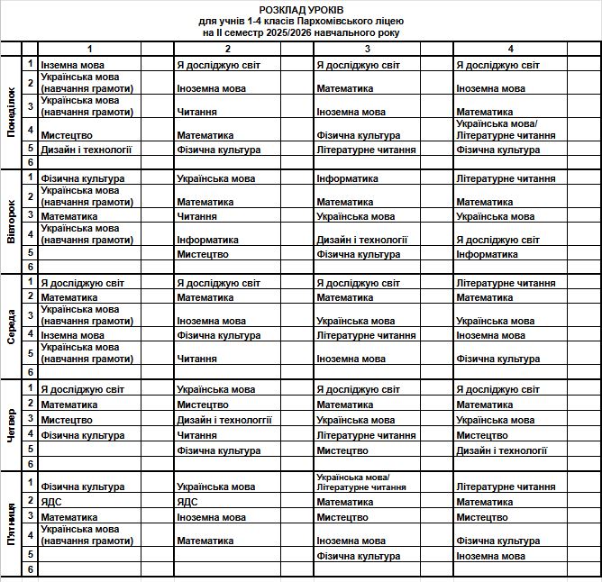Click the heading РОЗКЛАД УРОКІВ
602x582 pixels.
[300, 7]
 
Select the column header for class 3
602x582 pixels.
[368, 49]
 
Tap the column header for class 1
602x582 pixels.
[89, 49]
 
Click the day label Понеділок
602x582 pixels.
[11, 113]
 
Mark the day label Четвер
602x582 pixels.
[11, 424]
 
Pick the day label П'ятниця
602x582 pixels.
[11, 523]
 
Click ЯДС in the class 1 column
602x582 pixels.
[51, 502]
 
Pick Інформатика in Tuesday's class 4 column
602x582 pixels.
[487, 254]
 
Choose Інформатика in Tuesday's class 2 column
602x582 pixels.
[207, 240]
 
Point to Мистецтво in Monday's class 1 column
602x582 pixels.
[66, 135]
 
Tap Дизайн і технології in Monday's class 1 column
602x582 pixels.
[87, 150]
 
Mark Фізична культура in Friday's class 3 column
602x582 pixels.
[358, 556]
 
